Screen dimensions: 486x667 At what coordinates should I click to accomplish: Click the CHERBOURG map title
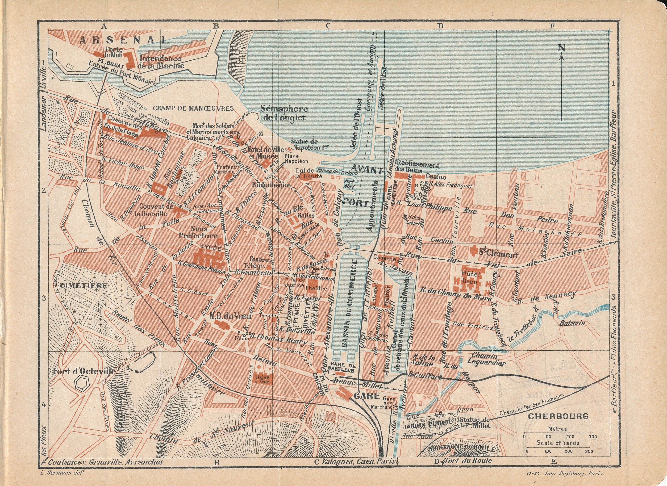553,416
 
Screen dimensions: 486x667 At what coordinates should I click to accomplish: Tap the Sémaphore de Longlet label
284,113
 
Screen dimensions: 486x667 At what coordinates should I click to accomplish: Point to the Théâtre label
316,288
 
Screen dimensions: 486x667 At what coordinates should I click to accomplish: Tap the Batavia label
572,323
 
